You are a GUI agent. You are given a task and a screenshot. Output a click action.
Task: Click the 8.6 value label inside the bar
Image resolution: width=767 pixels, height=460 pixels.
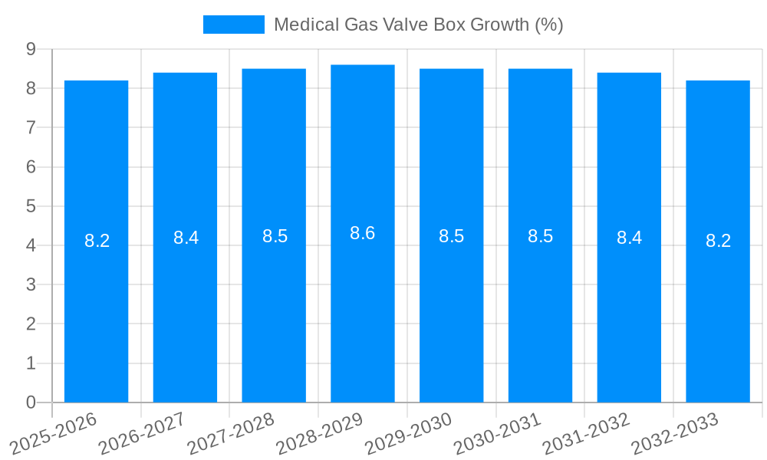click(x=363, y=233)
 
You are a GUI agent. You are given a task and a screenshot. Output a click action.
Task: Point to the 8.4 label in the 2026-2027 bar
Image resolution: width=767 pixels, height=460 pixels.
click(x=186, y=238)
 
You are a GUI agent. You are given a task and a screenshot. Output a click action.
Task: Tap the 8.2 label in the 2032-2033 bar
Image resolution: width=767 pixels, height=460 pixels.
click(x=718, y=241)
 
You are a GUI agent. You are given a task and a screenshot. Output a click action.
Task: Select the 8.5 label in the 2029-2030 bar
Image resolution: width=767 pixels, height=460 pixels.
click(x=451, y=236)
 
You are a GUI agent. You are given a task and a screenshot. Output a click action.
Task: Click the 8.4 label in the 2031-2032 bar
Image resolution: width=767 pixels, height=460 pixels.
click(x=629, y=238)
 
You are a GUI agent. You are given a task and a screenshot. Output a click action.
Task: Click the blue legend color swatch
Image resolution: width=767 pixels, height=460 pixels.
click(x=233, y=25)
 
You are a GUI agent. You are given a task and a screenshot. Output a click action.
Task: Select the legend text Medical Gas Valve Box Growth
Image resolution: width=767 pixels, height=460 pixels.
click(x=418, y=25)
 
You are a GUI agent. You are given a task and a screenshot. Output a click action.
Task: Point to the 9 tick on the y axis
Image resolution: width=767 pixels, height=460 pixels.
click(x=31, y=49)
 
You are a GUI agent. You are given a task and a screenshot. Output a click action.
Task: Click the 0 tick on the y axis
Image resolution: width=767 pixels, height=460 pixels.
click(x=31, y=402)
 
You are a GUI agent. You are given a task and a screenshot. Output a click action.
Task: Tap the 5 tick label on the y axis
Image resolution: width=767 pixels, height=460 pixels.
click(x=31, y=206)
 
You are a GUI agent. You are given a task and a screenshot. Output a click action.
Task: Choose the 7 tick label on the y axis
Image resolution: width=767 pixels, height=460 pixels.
click(x=31, y=127)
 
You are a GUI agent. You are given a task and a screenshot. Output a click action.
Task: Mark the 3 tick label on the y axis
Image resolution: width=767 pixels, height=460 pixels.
click(x=31, y=284)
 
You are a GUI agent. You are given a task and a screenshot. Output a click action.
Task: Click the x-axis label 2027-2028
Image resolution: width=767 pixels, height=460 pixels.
click(x=231, y=432)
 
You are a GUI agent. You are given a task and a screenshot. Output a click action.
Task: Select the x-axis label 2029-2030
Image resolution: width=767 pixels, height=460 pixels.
click(x=408, y=432)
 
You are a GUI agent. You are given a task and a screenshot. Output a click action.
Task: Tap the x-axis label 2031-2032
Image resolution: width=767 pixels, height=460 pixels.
click(x=586, y=432)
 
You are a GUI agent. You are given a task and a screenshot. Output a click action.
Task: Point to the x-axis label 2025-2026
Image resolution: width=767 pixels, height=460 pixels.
click(x=53, y=432)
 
